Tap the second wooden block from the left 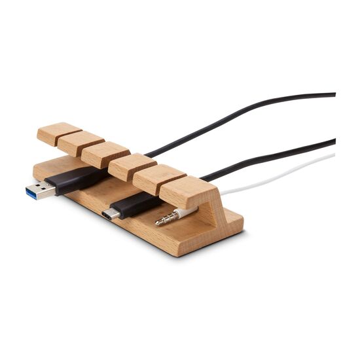coord(81,143)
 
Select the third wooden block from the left coord(105,154)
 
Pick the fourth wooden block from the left coord(132,166)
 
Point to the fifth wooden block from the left coord(160,178)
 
